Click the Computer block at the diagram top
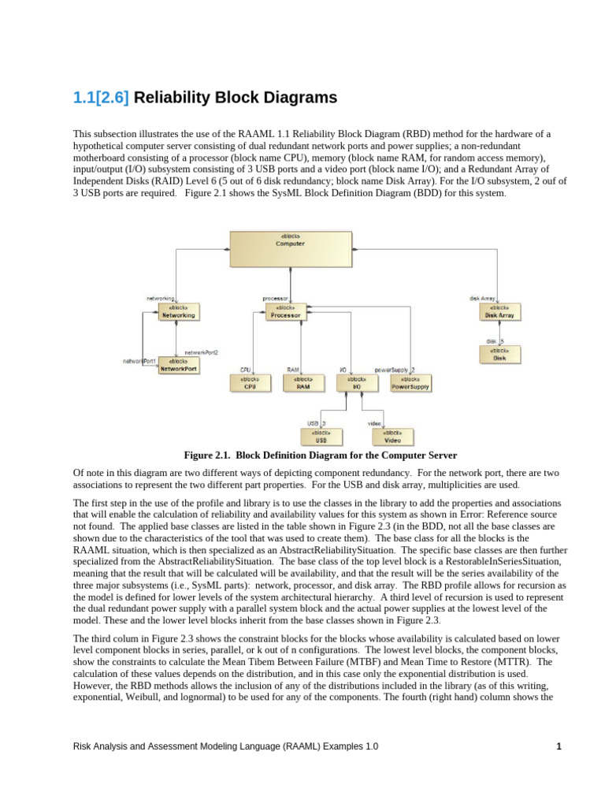tap(290, 248)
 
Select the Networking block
tap(177, 312)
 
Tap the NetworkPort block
tap(179, 365)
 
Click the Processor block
tap(284, 312)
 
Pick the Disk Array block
tap(499, 312)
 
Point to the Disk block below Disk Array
tap(499, 354)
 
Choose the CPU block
tap(250, 383)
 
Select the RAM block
tap(302, 383)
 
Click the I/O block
tap(356, 383)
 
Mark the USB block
tap(321, 437)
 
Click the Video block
tap(392, 437)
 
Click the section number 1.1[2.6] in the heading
tap(101, 98)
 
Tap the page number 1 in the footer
tap(559, 746)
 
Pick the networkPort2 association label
tap(201, 352)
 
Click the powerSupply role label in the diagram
tap(391, 370)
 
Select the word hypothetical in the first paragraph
tap(100, 146)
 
